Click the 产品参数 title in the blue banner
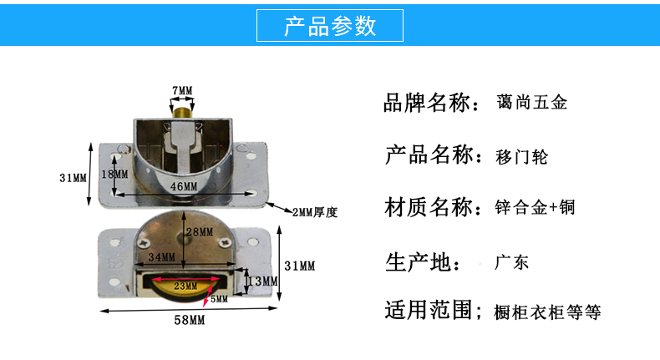pyautogui.click(x=330, y=26)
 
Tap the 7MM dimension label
pyautogui.click(x=181, y=89)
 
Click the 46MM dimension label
pyautogui.click(x=185, y=185)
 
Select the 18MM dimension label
pyautogui.click(x=114, y=175)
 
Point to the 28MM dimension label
pyautogui.click(x=199, y=231)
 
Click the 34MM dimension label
pyautogui.click(x=161, y=256)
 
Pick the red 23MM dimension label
pyautogui.click(x=185, y=285)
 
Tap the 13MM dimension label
pyautogui.click(x=264, y=281)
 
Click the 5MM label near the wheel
pyautogui.click(x=219, y=298)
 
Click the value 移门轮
pyautogui.click(x=522, y=156)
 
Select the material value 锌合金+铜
pyautogui.click(x=535, y=207)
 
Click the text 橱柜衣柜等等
pyautogui.click(x=547, y=312)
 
